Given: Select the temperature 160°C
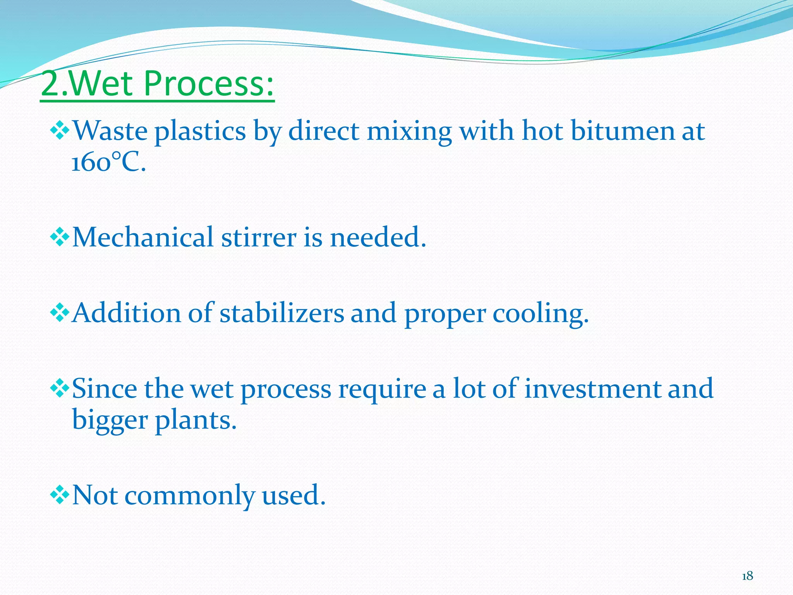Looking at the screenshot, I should click(108, 162).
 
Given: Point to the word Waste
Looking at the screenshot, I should click(110, 131).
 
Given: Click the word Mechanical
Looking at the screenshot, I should click(142, 237).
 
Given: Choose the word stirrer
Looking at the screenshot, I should click(259, 237).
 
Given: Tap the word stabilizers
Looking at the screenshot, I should click(281, 313).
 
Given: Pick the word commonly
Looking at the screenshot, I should click(189, 496).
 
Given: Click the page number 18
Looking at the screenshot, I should click(747, 576).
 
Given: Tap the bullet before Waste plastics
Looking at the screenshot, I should click(60, 131).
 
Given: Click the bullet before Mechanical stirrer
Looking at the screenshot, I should click(60, 237).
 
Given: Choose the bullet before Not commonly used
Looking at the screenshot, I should click(60, 495).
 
